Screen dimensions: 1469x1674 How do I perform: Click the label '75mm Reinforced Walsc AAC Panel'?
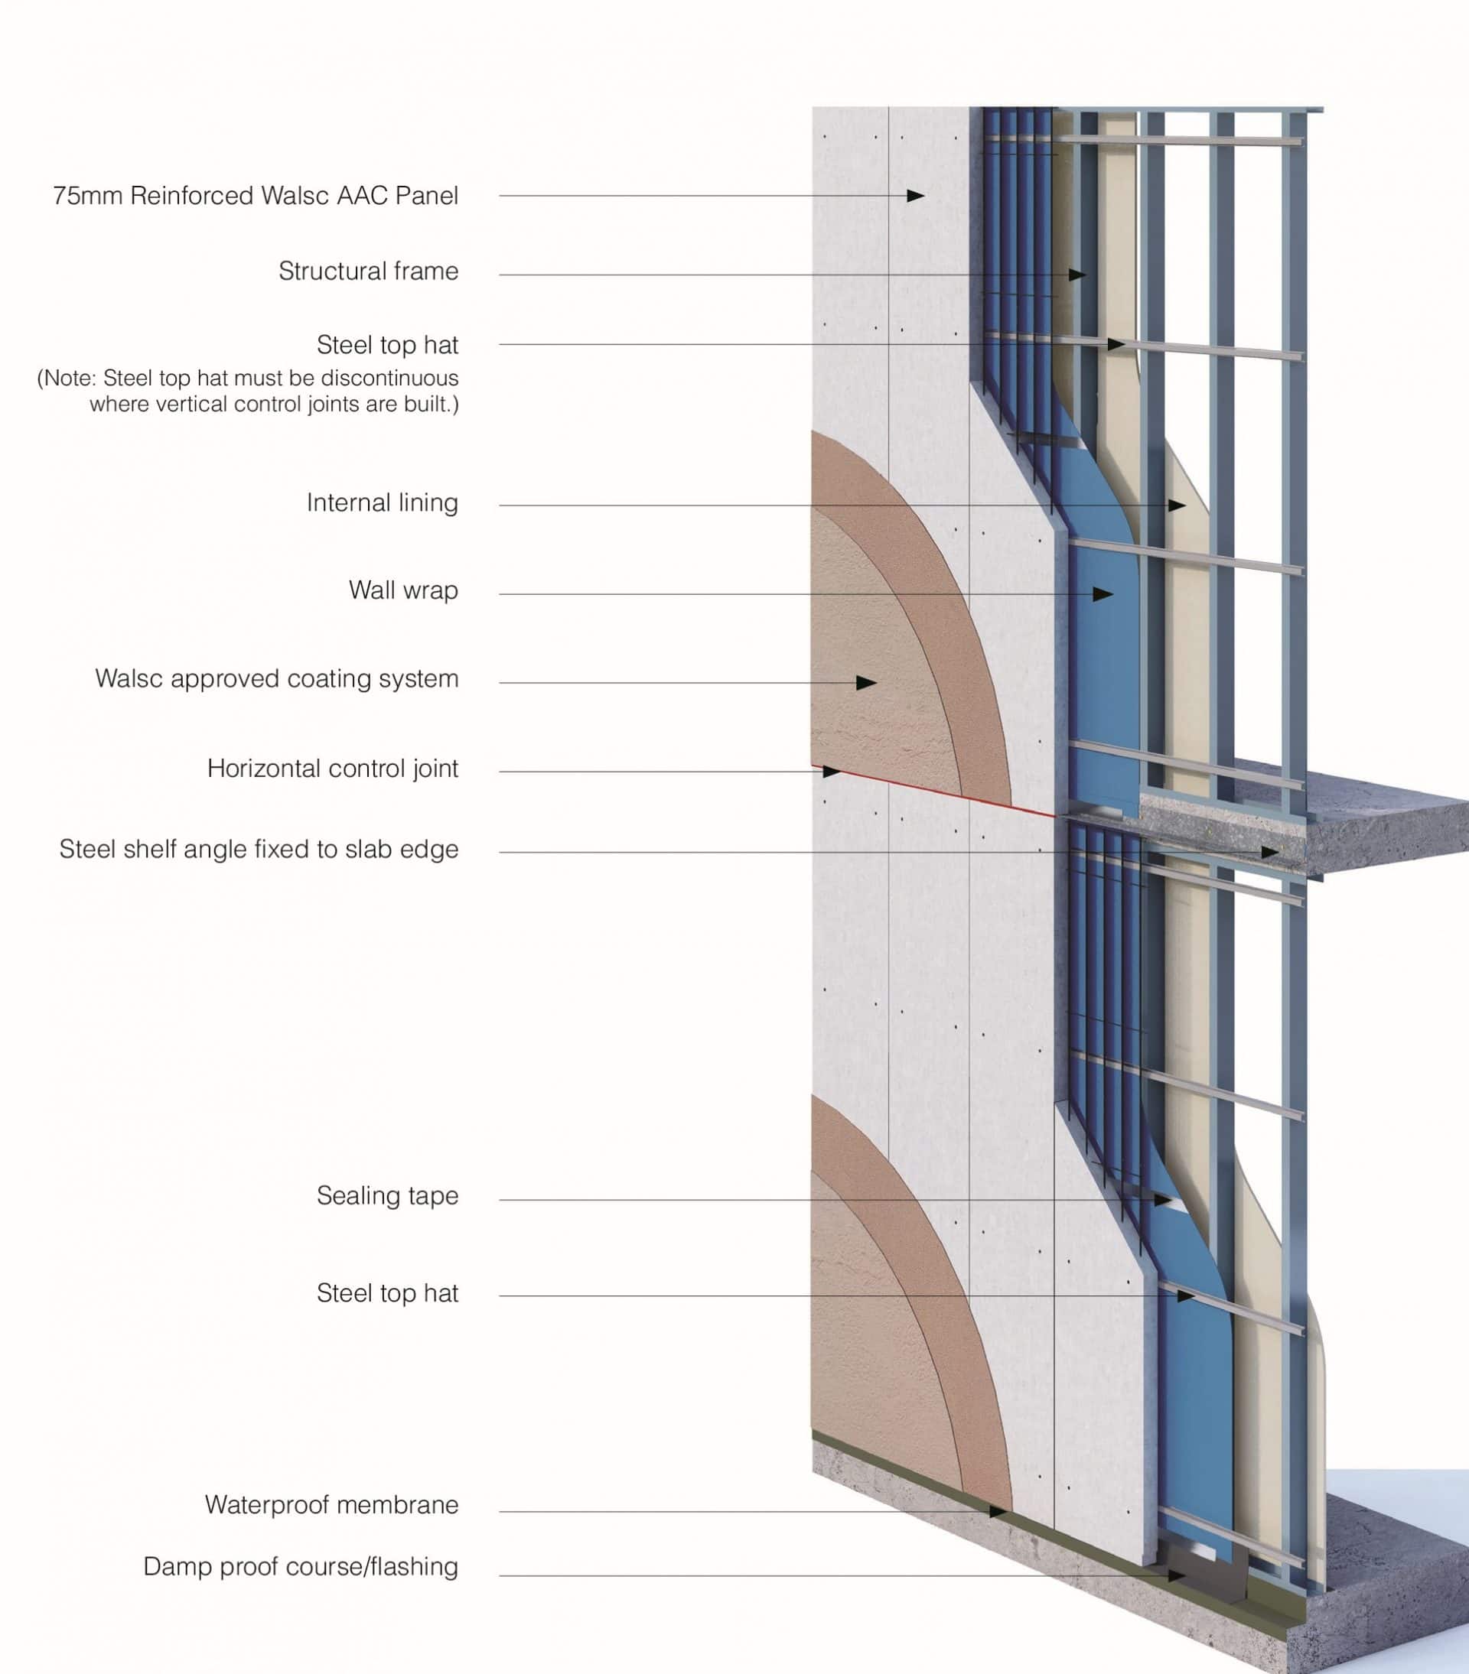click(256, 196)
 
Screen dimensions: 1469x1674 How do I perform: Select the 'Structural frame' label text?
click(369, 271)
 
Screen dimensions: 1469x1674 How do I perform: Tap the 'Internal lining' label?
click(383, 503)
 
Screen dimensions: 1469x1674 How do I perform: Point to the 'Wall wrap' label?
click(404, 590)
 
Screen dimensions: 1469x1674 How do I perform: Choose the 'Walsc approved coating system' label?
click(277, 679)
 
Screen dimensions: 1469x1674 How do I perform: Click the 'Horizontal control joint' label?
click(333, 769)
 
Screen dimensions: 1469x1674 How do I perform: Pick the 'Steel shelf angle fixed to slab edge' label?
click(259, 850)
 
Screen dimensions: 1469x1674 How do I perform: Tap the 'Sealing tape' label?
click(388, 1196)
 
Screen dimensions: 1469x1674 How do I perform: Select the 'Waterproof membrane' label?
click(332, 1504)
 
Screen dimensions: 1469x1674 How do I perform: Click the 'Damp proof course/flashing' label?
click(301, 1566)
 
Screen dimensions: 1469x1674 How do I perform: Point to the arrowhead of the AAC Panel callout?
click(916, 196)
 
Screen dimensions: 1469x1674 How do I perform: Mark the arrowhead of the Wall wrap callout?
click(1103, 593)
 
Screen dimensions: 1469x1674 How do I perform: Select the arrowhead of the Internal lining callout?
click(1177, 505)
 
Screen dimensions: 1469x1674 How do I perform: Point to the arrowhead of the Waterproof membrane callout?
click(998, 1512)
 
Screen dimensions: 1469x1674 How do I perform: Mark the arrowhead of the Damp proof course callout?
click(1177, 1575)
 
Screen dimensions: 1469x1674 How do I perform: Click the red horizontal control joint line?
click(934, 791)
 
